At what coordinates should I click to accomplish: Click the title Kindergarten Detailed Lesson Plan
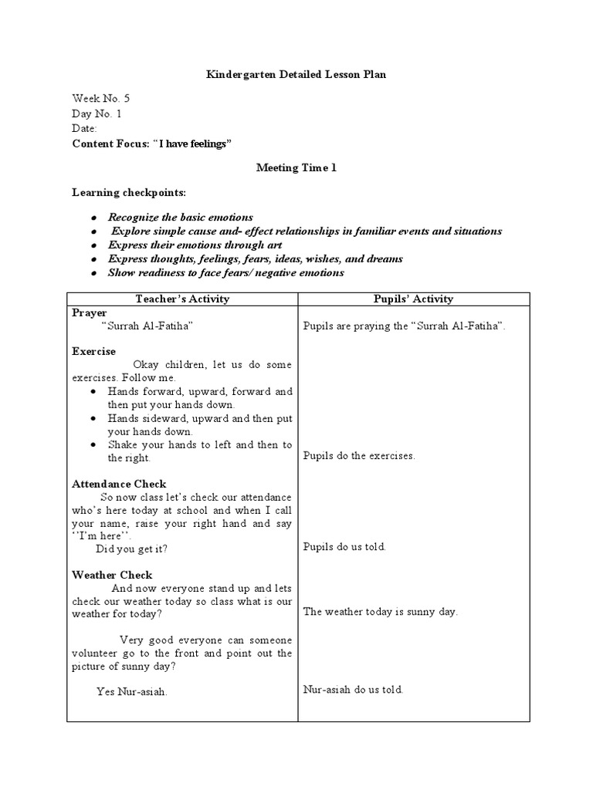296,74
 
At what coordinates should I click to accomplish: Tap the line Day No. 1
97,113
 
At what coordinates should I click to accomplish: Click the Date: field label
84,129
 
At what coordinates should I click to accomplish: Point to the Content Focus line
151,144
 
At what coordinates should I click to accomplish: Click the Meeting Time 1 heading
296,168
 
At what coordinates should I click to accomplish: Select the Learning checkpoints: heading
129,191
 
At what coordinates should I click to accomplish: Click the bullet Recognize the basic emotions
180,218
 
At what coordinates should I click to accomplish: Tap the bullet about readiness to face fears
225,273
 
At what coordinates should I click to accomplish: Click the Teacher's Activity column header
182,299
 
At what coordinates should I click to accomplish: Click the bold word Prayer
90,313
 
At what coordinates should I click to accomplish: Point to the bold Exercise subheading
93,351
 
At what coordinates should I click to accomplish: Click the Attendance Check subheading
119,484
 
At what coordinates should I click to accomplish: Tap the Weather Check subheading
112,575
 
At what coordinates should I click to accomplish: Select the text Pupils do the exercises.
359,456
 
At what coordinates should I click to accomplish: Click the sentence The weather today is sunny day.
381,612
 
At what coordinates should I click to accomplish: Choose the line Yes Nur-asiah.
132,691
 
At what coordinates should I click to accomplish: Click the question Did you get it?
131,549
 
